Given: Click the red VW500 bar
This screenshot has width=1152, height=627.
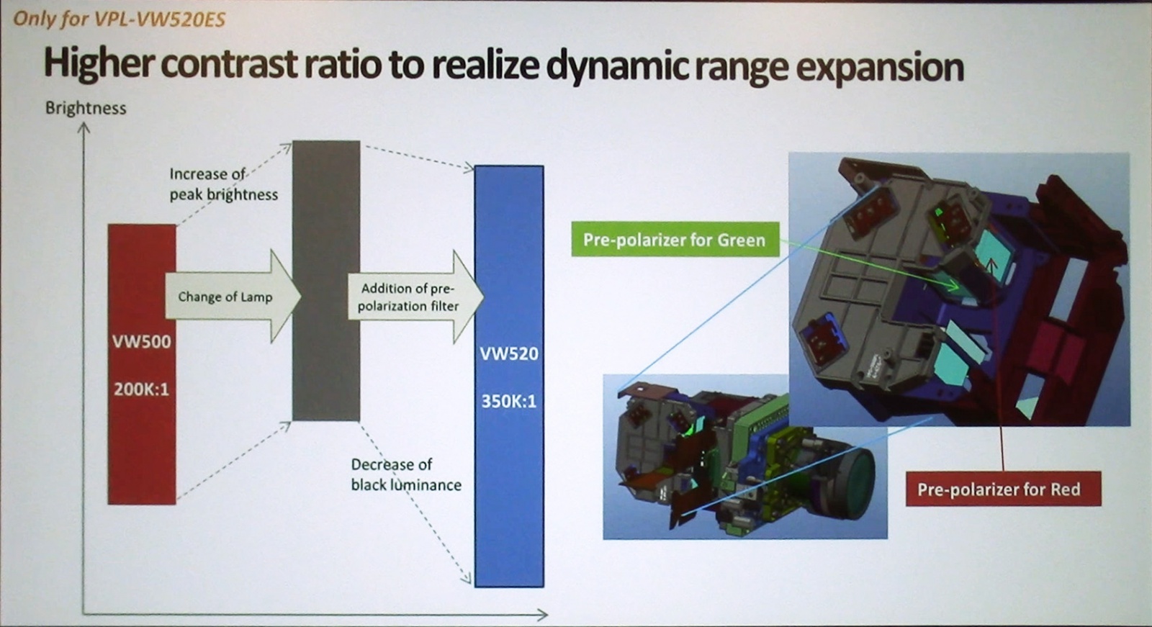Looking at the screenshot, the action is click(x=142, y=364).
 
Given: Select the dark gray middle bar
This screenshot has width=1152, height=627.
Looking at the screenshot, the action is click(x=326, y=280).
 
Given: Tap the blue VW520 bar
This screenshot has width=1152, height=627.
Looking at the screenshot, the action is click(x=509, y=376).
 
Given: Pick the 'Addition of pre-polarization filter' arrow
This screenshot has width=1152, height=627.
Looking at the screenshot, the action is click(x=415, y=297).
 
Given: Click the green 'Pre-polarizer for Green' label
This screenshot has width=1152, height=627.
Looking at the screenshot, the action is click(x=675, y=239).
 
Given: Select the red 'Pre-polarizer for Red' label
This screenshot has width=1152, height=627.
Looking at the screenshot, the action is click(x=1004, y=489).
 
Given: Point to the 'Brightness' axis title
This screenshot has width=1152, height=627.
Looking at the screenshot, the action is click(x=86, y=108).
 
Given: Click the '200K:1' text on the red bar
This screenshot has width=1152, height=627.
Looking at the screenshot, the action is click(x=141, y=389).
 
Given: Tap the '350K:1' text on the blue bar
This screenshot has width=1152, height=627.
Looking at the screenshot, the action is click(x=509, y=401).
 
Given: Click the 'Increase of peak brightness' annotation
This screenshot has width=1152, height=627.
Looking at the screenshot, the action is click(x=224, y=184).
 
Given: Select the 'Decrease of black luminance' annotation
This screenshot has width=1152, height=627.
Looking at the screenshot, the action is click(x=406, y=475).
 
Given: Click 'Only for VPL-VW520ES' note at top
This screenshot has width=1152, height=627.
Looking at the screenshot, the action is click(x=120, y=19).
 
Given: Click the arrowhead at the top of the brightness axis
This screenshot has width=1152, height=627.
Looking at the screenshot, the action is click(x=84, y=127).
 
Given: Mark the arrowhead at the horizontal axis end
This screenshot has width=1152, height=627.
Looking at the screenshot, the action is click(x=543, y=614).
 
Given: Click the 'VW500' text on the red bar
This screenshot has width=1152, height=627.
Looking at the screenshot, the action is click(x=141, y=341).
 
